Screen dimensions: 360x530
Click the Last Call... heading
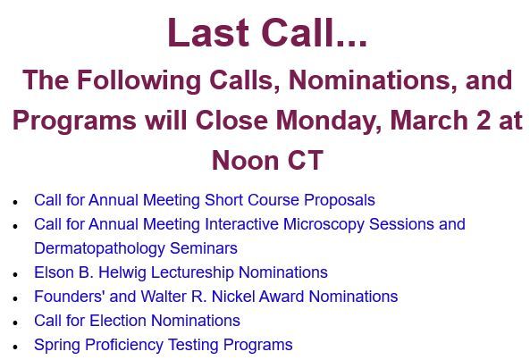[266, 33]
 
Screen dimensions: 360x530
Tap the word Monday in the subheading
[327, 120]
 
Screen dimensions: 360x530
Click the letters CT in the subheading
[304, 161]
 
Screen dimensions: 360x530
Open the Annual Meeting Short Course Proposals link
[204, 200]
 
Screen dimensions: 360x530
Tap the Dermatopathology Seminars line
[135, 248]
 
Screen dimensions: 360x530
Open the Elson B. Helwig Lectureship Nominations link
[181, 272]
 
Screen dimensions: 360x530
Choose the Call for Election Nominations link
[137, 321]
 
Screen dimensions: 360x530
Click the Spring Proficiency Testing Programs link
[163, 345]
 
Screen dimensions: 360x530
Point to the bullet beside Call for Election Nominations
[15, 322]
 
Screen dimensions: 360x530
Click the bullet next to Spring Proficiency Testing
[15, 347]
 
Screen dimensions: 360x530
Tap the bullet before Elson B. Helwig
[15, 274]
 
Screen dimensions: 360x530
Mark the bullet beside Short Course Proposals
[15, 202]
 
